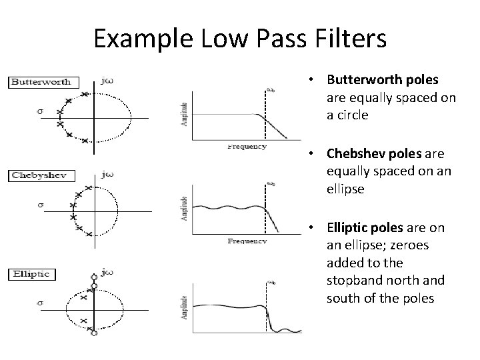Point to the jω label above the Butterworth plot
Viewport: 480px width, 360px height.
point(105,81)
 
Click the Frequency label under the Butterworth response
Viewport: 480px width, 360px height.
point(246,146)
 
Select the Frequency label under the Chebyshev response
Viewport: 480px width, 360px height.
point(246,241)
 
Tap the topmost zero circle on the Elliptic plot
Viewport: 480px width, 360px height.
point(94,277)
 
